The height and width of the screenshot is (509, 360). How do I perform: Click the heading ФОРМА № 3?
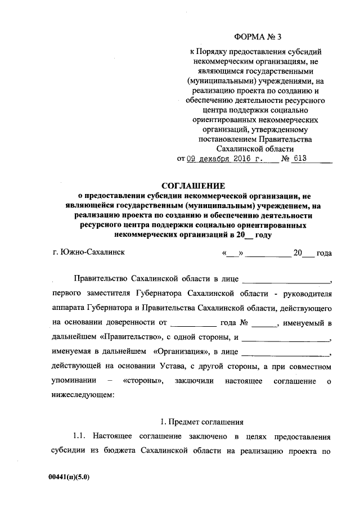pos(259,38)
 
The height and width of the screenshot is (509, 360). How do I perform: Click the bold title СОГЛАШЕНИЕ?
pos(193,186)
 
